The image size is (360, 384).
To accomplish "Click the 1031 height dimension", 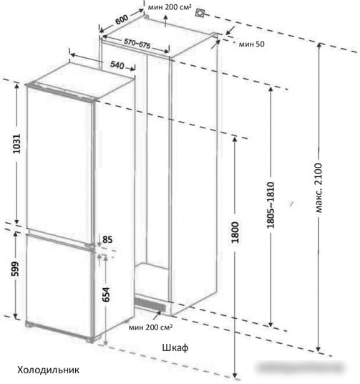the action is click(17, 144).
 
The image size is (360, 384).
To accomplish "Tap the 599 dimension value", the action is click(15, 269).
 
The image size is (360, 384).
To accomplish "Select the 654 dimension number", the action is click(106, 294).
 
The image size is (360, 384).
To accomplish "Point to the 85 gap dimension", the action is click(107, 239).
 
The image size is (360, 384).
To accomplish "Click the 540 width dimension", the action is click(117, 65).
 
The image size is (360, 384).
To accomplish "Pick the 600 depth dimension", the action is click(122, 19).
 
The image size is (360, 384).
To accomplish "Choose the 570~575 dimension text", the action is click(137, 44).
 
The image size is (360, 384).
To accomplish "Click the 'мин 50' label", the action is click(252, 44).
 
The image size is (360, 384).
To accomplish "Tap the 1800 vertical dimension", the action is click(235, 232).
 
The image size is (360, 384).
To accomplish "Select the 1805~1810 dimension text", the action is click(271, 205).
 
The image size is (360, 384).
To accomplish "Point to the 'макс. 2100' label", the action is click(318, 188).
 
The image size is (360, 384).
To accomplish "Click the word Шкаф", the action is click(175, 347).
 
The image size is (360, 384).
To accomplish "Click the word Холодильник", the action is click(48, 370).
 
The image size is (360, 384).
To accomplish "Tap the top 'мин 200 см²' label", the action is click(170, 7).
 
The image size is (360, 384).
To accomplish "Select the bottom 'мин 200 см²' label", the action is click(150, 327).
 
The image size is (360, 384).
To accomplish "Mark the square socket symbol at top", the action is click(200, 13).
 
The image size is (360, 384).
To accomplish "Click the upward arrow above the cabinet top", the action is click(165, 21).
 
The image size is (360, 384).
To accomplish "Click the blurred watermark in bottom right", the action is click(301, 368).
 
